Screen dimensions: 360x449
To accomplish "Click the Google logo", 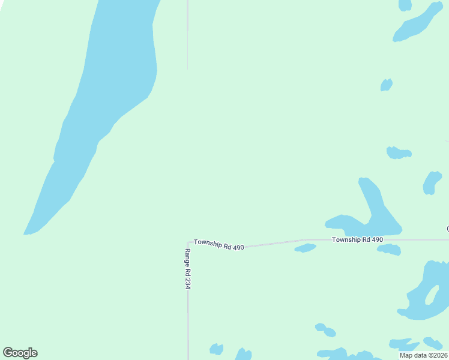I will click(x=20, y=353).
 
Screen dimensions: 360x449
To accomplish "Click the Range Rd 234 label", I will click(x=187, y=269).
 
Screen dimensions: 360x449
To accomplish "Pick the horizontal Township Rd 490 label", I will click(x=357, y=239).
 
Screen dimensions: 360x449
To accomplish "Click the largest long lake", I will click(x=114, y=90).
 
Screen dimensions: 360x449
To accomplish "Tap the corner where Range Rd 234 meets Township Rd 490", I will click(x=188, y=242).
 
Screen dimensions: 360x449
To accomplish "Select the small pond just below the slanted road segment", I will click(x=305, y=248).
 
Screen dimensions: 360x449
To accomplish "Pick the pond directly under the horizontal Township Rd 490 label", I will click(x=389, y=249).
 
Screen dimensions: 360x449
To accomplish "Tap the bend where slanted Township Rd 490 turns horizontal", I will click(x=307, y=239).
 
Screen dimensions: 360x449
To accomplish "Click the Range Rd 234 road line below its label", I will click(x=188, y=324).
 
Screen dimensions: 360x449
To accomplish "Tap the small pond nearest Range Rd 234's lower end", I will click(x=216, y=349).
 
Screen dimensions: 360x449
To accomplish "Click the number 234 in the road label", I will click(x=187, y=283).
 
